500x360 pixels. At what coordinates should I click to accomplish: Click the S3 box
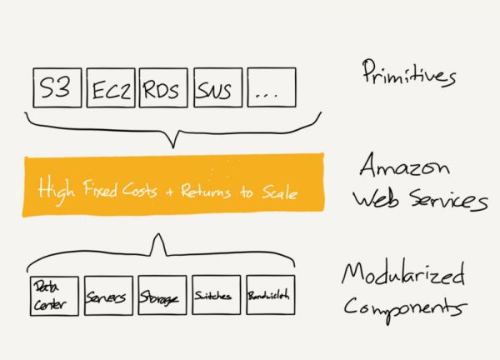[x=57, y=87]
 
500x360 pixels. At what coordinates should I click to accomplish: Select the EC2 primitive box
[x=111, y=87]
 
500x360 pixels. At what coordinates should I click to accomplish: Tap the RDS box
[x=163, y=87]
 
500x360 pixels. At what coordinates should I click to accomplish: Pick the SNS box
[x=218, y=87]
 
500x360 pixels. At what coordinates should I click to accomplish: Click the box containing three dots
[x=272, y=87]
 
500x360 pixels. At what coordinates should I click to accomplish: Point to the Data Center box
[x=54, y=296]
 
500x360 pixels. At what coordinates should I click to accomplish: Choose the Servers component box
[x=108, y=296]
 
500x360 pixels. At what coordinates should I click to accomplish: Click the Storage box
[x=162, y=296]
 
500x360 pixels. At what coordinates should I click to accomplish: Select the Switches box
[x=217, y=295]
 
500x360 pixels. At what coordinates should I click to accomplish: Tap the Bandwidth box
[x=271, y=295]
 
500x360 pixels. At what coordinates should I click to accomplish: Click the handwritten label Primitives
[x=409, y=73]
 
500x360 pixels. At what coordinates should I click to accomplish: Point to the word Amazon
[x=405, y=164]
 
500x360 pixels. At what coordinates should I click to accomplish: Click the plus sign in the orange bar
[x=169, y=192]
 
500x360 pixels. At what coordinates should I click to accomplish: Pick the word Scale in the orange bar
[x=280, y=192]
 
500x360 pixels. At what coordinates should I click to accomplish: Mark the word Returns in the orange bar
[x=206, y=192]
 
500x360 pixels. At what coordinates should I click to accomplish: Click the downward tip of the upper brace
[x=173, y=148]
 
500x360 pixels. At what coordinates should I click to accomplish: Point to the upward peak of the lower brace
[x=158, y=233]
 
